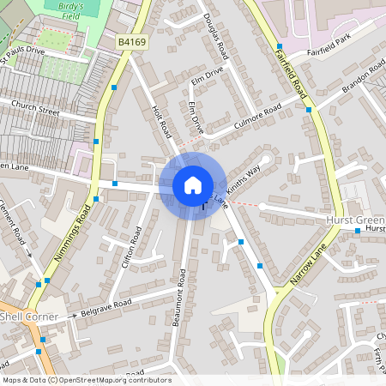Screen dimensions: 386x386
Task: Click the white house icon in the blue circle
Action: pos(193,184)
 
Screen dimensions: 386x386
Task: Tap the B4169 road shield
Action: pos(132,40)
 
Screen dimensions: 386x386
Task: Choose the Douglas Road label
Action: pos(219,32)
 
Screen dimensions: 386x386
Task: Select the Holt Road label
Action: pos(161,121)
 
